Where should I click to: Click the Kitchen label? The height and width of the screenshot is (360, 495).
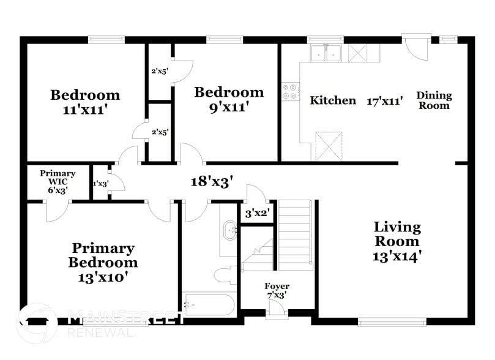tap(333, 100)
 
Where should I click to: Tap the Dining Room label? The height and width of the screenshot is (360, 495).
tap(434, 100)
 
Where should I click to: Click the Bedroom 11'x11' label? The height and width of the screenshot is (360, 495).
tap(84, 103)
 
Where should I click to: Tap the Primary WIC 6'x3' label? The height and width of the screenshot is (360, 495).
tap(58, 182)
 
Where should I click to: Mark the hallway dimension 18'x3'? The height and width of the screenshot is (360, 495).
tap(210, 181)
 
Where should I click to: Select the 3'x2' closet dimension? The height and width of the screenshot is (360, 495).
tap(257, 214)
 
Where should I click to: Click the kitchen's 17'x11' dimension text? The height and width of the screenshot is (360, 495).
tap(384, 100)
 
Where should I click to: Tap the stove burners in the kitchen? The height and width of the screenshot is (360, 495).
tap(290, 92)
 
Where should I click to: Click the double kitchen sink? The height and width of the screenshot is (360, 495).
tap(326, 54)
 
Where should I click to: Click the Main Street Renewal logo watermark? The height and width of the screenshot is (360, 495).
tap(101, 323)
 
